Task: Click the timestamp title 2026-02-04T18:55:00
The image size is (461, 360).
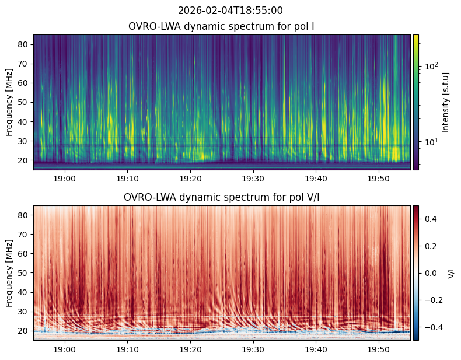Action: point(230,11)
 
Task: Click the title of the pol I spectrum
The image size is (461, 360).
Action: point(222,26)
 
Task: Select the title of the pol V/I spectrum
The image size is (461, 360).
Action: point(221,197)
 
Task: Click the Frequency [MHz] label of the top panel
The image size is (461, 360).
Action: point(9,102)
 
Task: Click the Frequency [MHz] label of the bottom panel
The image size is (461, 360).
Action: point(9,273)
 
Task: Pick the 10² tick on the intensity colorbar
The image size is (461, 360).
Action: point(432,66)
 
